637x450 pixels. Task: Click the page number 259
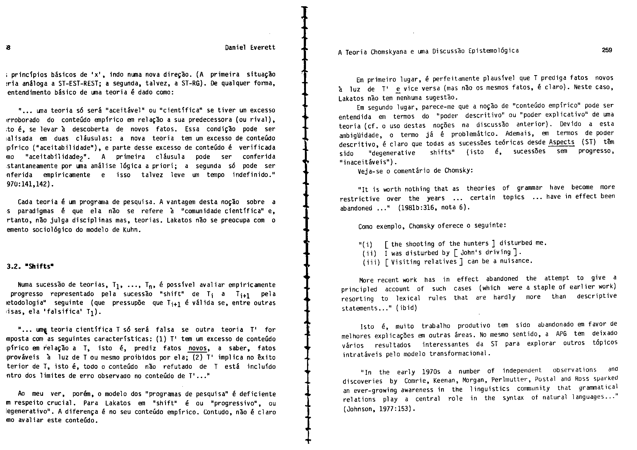[x=607, y=50]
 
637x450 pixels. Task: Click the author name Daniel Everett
[x=250, y=47]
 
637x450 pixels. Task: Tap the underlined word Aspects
[x=562, y=142]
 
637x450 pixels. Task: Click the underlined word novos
[x=198, y=348]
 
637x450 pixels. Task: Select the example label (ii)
[x=369, y=253]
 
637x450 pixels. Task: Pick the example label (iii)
[x=371, y=262]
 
